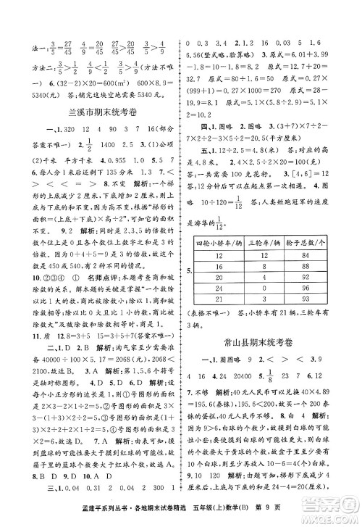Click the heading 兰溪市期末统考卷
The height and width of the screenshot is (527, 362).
91,112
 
